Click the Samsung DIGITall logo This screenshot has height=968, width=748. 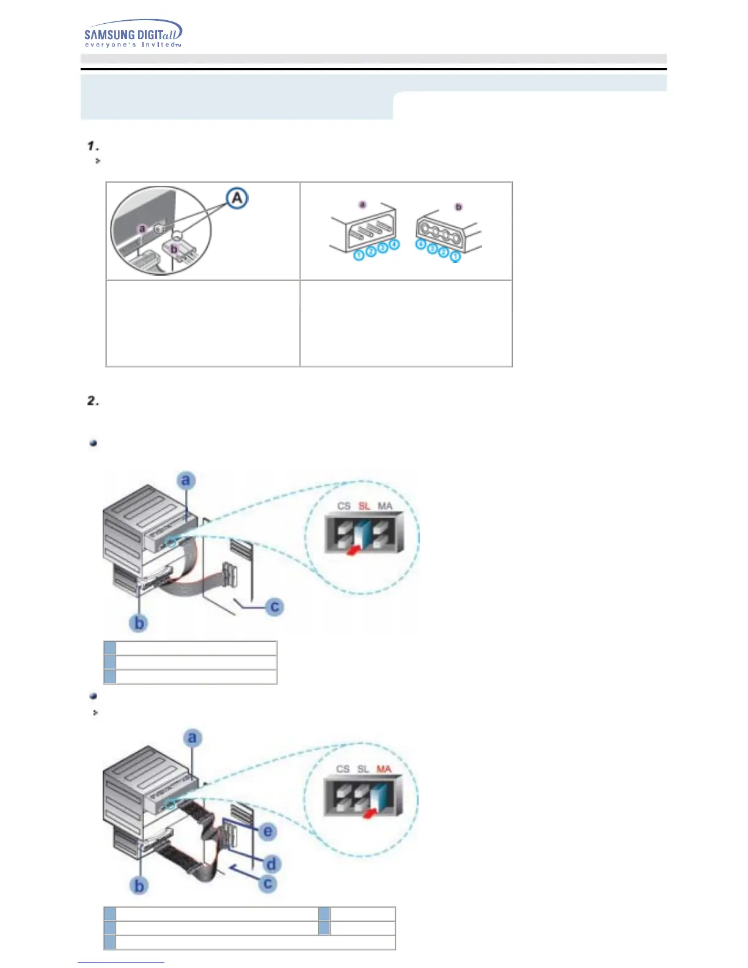133,34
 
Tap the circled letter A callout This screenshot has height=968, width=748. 237,198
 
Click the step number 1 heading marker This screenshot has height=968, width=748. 92,146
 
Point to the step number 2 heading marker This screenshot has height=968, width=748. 93,401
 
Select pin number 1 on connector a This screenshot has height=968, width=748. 359,255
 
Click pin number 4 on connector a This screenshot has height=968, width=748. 394,244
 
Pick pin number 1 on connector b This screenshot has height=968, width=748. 455,257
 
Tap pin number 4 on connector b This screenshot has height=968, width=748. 420,244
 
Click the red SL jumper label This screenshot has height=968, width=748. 364,506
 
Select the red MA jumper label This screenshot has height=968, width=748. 384,769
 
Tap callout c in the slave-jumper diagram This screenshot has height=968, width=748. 274,607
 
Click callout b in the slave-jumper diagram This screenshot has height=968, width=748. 139,623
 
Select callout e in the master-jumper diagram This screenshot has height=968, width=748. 267,832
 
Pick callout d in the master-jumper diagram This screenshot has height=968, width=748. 271,864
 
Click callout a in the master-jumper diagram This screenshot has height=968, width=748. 193,738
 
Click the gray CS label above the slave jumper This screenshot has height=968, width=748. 344,506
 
